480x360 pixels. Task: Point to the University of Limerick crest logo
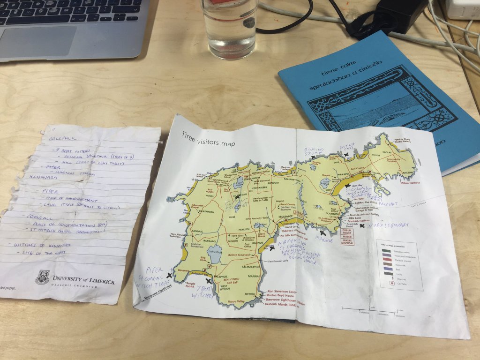[x=43, y=277]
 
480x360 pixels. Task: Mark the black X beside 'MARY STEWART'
[x=362, y=226]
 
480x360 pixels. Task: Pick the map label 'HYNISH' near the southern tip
[x=250, y=294]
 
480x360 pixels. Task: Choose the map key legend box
[x=399, y=264]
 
